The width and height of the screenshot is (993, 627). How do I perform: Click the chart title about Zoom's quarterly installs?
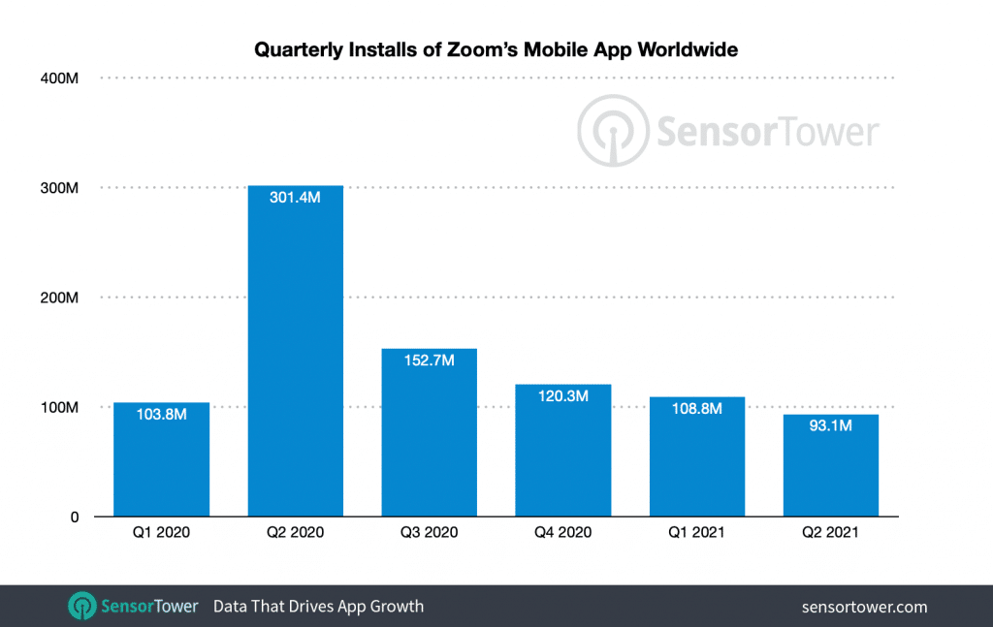496,49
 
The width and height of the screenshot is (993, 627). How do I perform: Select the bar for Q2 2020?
296,359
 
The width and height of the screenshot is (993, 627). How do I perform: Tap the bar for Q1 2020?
162,465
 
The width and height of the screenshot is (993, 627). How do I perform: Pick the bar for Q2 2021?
831,470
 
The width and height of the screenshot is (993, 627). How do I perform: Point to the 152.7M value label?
430,360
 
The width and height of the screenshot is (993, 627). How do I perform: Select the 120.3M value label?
563,396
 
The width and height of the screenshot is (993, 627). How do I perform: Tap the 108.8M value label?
697,408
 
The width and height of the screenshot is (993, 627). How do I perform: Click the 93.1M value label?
831,424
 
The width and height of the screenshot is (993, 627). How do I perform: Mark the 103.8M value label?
162,414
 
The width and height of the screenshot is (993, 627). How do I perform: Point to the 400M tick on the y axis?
60,78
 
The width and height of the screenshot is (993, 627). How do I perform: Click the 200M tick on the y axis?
60,298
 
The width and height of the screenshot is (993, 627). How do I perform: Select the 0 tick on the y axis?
74,517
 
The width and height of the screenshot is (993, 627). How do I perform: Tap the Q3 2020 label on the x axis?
430,531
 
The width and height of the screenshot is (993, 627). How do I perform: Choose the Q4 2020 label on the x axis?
563,531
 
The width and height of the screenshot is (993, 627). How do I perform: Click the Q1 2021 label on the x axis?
697,531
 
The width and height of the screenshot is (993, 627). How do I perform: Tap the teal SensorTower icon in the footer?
81,607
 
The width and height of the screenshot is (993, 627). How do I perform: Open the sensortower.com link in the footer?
864,608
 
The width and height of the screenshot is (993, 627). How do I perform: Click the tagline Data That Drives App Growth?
318,607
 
